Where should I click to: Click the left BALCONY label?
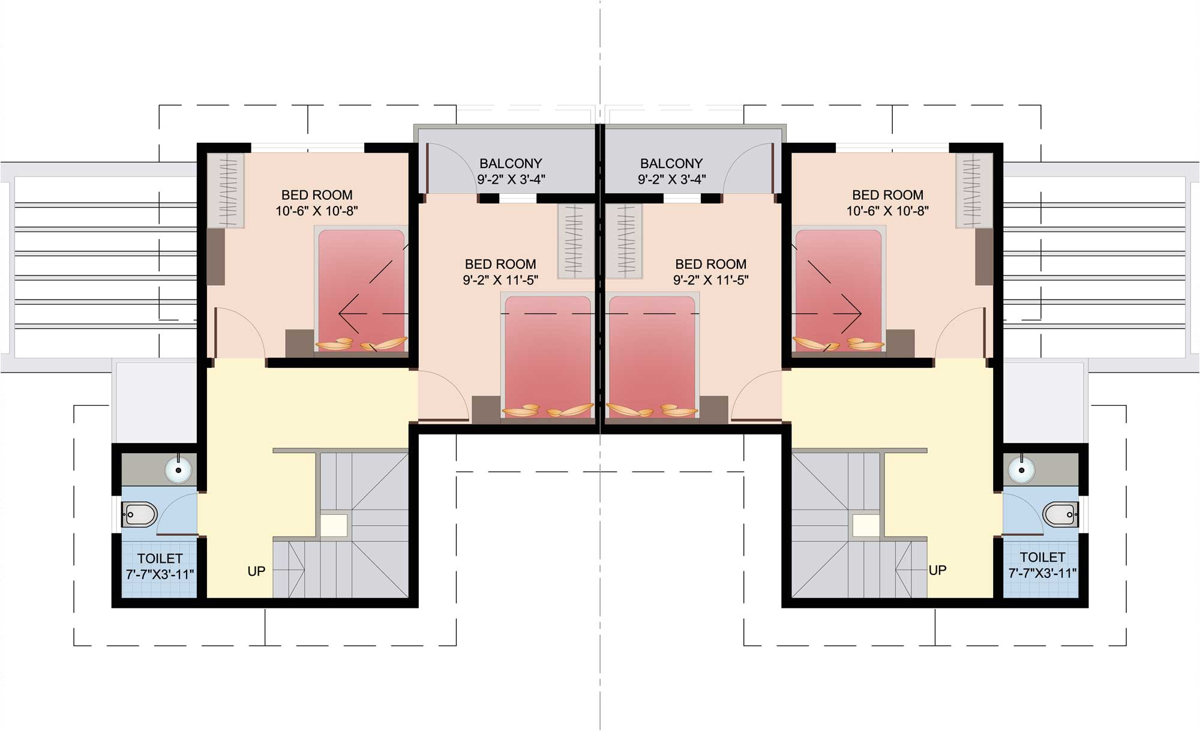tap(511, 163)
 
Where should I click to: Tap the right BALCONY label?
tap(671, 163)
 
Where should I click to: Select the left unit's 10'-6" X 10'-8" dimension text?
tap(317, 211)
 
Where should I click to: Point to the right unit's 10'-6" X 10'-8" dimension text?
tap(887, 211)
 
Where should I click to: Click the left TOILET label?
tap(160, 558)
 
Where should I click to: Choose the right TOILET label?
tap(1043, 557)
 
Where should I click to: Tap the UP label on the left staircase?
tap(256, 571)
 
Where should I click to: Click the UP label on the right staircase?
tap(937, 570)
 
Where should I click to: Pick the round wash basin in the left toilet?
tap(179, 469)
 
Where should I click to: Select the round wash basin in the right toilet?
tap(1021, 469)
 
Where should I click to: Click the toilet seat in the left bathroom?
tap(140, 514)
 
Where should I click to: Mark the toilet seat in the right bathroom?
tap(1060, 514)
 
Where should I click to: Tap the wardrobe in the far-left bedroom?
tap(226, 190)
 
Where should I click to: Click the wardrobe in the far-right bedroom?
tap(974, 190)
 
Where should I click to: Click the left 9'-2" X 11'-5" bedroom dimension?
tap(500, 280)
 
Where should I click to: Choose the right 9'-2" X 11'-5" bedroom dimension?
tap(711, 280)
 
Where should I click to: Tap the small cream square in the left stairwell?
tap(334, 525)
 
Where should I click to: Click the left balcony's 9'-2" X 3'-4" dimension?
tap(511, 179)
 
